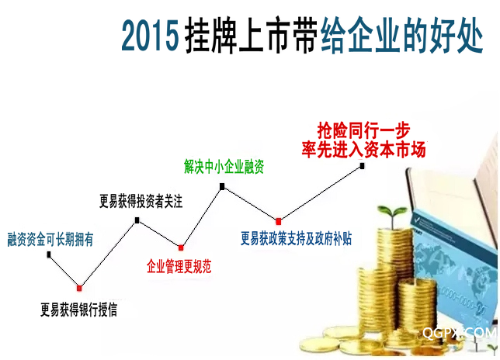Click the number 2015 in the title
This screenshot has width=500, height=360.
pyautogui.click(x=150, y=36)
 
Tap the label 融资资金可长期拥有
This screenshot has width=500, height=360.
pyautogui.click(x=50, y=240)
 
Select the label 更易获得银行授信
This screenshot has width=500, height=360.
pyautogui.click(x=78, y=310)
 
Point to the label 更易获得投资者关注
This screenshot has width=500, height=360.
pyautogui.click(x=141, y=201)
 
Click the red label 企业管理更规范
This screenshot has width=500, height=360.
pyautogui.click(x=179, y=266)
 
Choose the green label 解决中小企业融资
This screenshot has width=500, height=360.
pyautogui.click(x=224, y=166)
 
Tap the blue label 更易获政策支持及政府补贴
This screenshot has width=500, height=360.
pyautogui.click(x=296, y=238)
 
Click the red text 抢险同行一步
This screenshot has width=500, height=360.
pyautogui.click(x=363, y=130)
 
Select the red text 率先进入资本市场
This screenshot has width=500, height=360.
pyautogui.click(x=363, y=150)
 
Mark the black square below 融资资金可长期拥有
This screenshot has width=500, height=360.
pyautogui.click(x=49, y=254)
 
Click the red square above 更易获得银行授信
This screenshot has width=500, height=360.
pyautogui.click(x=79, y=288)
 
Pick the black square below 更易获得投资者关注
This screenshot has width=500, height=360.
pyautogui.click(x=137, y=220)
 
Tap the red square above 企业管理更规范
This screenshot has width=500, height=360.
pyautogui.click(x=181, y=247)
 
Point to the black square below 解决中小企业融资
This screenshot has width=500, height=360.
pyautogui.click(x=222, y=186)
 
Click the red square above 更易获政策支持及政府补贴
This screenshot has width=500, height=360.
pyautogui.click(x=279, y=221)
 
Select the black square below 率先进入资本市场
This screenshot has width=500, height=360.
pyautogui.click(x=362, y=166)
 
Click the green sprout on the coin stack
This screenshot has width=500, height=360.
pyautogui.click(x=392, y=216)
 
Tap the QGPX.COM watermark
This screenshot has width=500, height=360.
pyautogui.click(x=459, y=333)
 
